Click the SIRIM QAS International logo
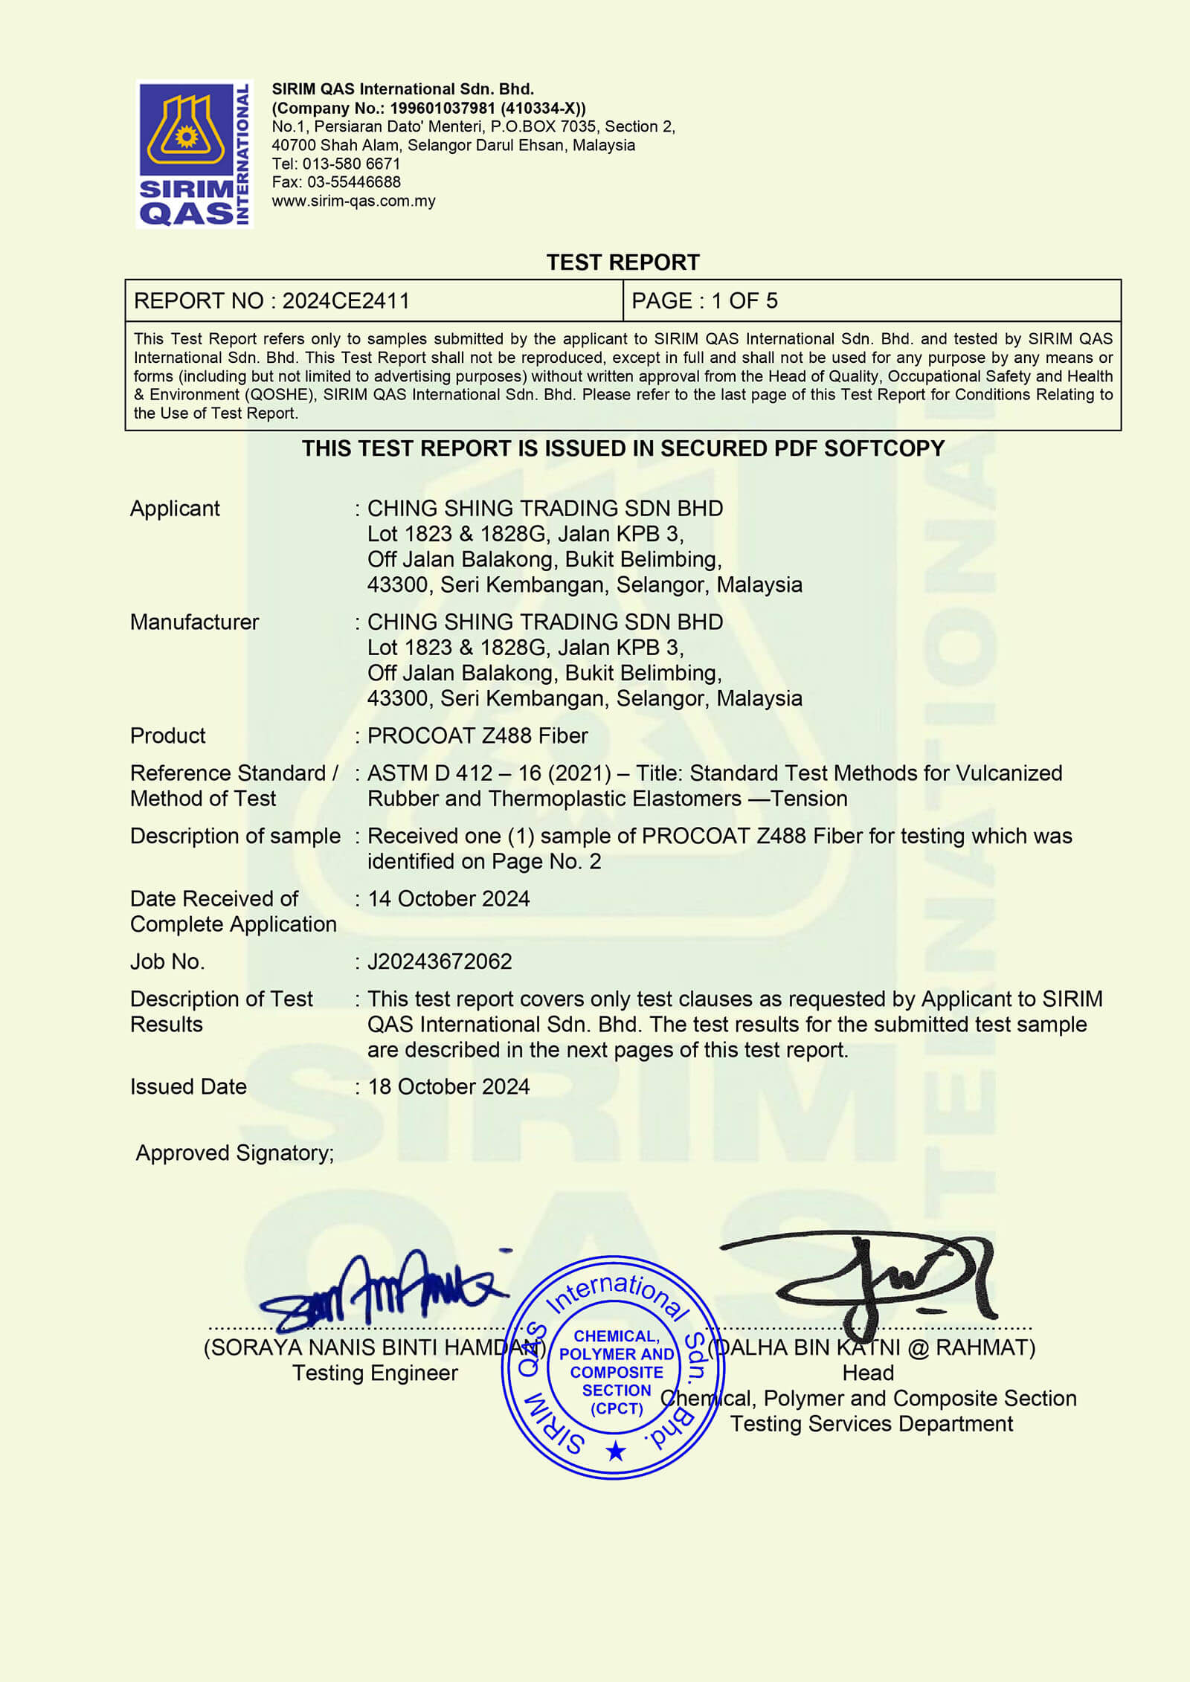coord(194,154)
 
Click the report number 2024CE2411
coord(346,301)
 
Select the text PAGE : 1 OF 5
coord(704,301)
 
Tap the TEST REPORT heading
coord(623,262)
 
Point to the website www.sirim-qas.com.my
coord(353,201)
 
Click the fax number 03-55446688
coord(353,182)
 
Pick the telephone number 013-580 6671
coord(351,164)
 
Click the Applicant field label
coord(175,509)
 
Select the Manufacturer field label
coord(194,622)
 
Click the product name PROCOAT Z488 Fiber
coord(477,736)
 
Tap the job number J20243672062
coord(440,961)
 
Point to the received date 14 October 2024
coord(448,899)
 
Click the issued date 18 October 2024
coord(448,1087)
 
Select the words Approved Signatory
coord(234,1153)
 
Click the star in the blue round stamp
coord(615,1451)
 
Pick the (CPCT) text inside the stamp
coord(617,1408)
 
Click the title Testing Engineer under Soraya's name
coord(375,1373)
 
